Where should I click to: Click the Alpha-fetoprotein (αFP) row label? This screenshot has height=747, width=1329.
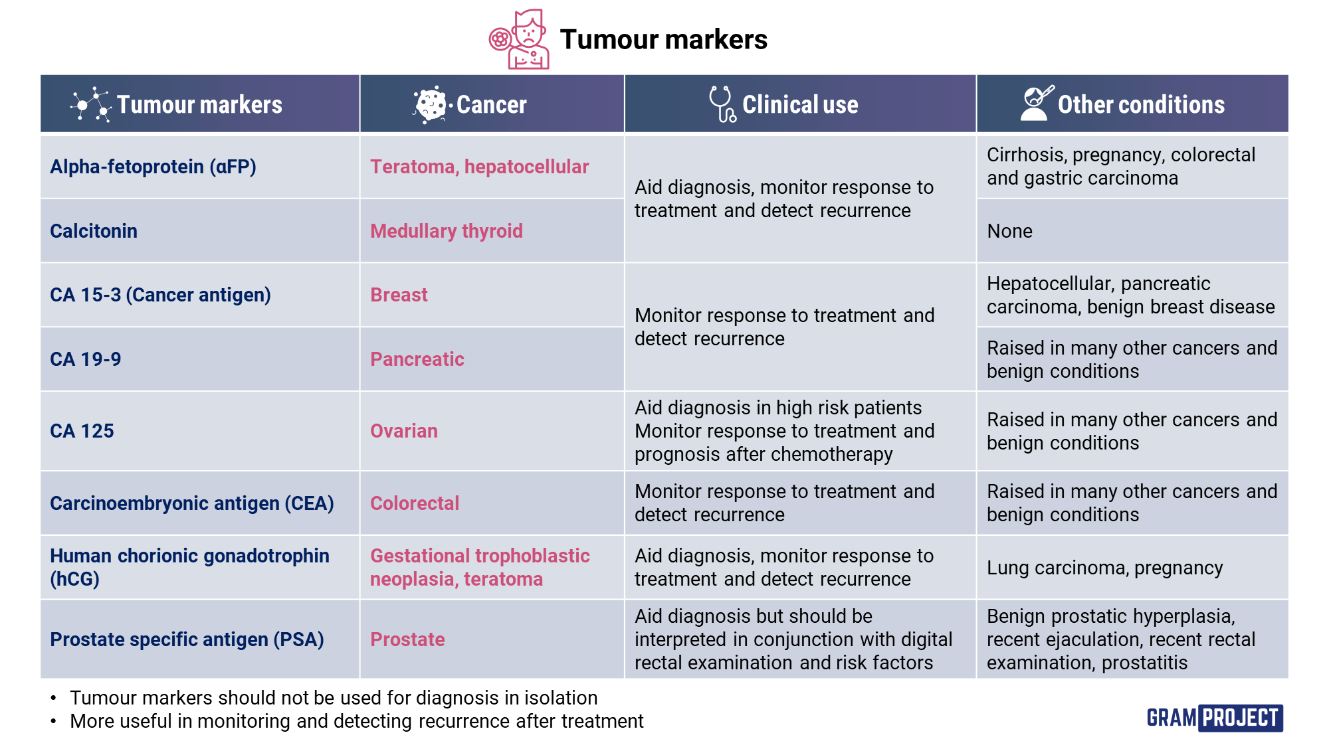coord(153,167)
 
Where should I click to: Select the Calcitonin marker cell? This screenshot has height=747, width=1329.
coord(94,231)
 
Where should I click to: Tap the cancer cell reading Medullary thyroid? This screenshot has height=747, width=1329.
coord(446,231)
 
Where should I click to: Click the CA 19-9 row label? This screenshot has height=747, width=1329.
coord(86,359)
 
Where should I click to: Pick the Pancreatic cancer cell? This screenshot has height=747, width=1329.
coord(417,359)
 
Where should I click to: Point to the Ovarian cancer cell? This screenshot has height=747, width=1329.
coord(403,431)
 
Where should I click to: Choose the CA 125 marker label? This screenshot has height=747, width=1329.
coord(82,431)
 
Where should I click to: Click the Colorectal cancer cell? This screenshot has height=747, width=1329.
coord(414,503)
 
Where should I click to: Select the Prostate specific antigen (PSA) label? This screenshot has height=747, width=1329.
coord(187,639)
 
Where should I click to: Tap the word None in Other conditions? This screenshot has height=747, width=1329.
coord(1009,231)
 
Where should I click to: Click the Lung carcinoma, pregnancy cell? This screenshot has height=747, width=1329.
coord(1104,568)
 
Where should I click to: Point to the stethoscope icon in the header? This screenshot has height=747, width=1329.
coord(722,104)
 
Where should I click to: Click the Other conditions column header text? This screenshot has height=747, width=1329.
coord(1141,105)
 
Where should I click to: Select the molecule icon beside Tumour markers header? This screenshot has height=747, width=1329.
coord(91,104)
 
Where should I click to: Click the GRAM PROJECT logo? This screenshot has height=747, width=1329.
coord(1214,718)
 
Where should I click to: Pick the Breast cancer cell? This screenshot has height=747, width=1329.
coord(399,295)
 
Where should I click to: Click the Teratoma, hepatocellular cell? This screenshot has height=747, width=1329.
coord(479,167)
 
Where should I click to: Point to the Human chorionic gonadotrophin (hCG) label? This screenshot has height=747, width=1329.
coord(189,567)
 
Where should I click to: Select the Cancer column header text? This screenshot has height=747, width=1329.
coord(491,105)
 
